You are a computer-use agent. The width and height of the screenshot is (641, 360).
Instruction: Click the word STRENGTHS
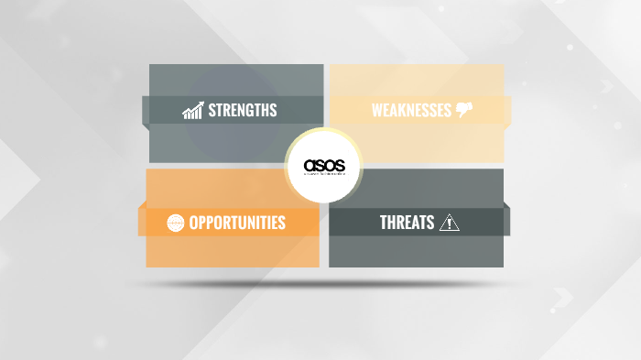pos(243,111)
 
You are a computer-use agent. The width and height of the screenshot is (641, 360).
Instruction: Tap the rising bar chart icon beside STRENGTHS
pos(192,111)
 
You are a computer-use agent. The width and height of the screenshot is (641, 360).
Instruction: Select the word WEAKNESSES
pos(411,111)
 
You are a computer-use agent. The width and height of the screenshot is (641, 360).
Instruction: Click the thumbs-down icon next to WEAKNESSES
pos(464,111)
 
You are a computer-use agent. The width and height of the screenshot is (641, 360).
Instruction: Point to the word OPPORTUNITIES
pos(237,223)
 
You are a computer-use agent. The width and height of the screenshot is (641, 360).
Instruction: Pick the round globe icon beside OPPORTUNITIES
pos(176,223)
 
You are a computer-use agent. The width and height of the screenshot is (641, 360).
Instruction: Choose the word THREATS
pos(407,223)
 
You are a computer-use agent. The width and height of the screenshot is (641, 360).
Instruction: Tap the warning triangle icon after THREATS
pos(450,222)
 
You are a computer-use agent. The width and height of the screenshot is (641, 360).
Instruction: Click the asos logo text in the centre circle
pos(324,166)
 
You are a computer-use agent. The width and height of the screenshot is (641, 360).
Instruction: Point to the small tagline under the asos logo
pos(324,177)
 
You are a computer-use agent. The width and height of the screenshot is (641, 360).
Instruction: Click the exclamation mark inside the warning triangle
pos(450,224)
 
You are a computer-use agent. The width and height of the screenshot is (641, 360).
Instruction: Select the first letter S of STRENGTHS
pos(212,111)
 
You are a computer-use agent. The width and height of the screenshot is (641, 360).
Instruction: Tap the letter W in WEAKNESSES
pos(376,111)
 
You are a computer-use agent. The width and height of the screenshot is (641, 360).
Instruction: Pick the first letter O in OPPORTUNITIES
pos(193,223)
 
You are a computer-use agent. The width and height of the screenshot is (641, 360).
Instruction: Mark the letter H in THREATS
pos(392,223)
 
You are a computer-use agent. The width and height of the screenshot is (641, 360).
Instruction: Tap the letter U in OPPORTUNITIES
pos(245,223)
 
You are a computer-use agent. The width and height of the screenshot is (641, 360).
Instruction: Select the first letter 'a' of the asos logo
pos(310,166)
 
